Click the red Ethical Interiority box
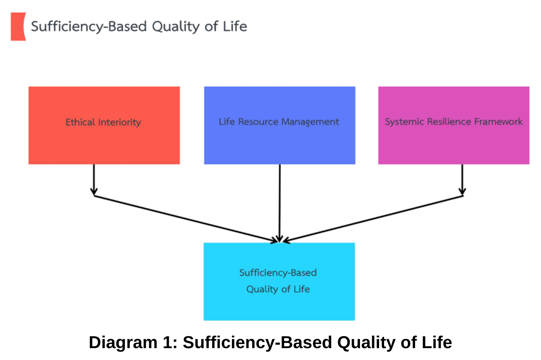[x=104, y=125]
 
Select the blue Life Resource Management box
[x=280, y=125]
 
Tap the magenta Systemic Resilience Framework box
[x=454, y=125]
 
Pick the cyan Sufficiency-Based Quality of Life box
[x=279, y=282]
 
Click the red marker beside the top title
[x=18, y=26]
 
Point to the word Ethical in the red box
[x=80, y=122]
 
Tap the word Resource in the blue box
[x=258, y=122]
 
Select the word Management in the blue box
[x=310, y=122]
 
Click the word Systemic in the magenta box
[x=405, y=122]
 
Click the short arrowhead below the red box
[x=94, y=192]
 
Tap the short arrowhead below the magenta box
[x=462, y=192]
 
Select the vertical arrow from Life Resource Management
[x=280, y=203]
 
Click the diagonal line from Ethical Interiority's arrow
[x=186, y=219]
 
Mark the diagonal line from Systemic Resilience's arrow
[x=373, y=219]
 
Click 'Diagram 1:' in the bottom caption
[x=133, y=342]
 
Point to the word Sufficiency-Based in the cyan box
[x=278, y=273]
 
